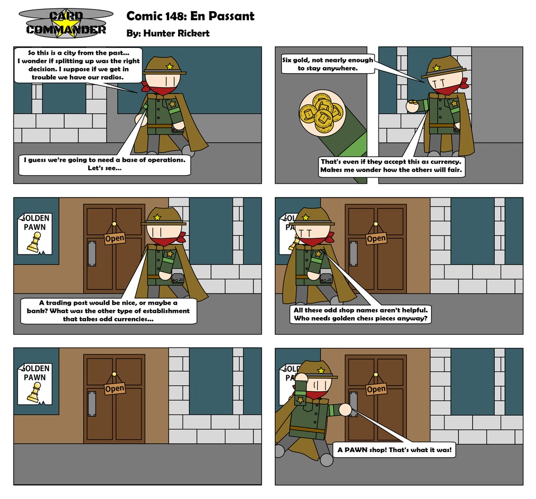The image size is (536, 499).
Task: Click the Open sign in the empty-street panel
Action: [114, 388]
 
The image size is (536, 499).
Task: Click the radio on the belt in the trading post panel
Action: [178, 279]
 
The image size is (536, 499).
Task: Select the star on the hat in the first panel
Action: [170, 66]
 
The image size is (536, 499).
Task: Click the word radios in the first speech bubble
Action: [112, 77]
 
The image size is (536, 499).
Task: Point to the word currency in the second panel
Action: [446, 162]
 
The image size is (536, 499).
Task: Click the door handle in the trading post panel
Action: [92, 253]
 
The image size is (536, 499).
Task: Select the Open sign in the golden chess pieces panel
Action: [376, 238]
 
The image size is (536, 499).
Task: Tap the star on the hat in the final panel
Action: [321, 370]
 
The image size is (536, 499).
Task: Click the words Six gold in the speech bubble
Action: [295, 60]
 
